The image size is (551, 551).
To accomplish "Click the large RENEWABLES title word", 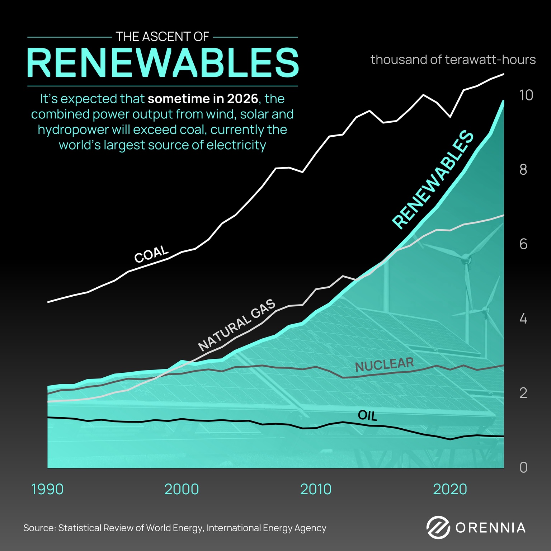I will point(163,63).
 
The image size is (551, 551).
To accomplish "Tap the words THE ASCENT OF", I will point(163,37).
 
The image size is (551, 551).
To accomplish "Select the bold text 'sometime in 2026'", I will point(203,99).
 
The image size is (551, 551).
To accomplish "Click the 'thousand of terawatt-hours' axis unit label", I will point(453,60).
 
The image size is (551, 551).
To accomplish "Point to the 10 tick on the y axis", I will point(526,95).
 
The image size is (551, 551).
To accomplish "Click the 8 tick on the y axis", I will point(523,170).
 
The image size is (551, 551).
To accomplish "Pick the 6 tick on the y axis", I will point(523,244).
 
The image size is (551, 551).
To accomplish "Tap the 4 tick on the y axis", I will point(523,319).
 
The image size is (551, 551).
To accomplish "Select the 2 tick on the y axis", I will point(523,393).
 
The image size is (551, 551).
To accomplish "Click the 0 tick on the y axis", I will point(523,467).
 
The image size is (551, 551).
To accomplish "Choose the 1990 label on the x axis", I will point(47,489).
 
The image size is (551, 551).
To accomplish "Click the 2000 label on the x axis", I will point(182,489).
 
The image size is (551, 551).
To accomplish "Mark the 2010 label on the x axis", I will point(316,489).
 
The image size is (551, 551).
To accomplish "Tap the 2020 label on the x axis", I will point(450,489).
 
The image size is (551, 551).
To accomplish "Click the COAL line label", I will point(151,254).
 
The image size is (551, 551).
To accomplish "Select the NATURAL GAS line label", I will point(237,325).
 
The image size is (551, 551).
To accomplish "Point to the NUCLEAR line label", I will point(384,365).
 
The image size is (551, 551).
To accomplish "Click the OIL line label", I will point(368,416).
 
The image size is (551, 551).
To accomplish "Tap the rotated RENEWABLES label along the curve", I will point(433,180).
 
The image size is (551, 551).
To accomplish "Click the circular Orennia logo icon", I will point(438,528).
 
